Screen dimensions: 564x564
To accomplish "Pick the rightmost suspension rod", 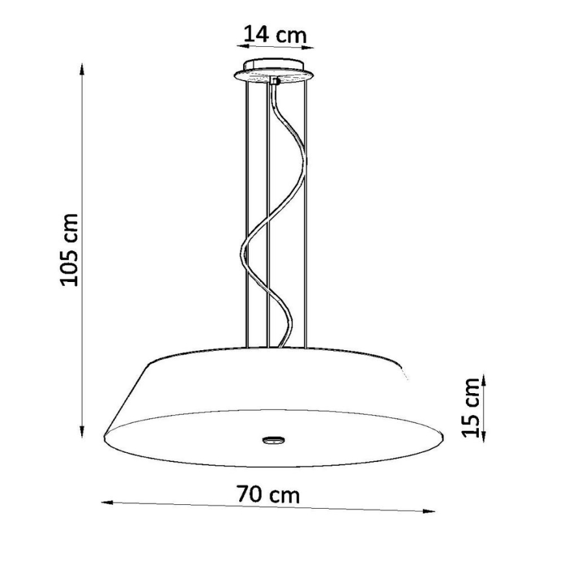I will coord(305,214).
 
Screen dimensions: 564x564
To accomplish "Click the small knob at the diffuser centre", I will coord(273,439).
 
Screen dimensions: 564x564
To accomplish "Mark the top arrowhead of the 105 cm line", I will coord(82,67).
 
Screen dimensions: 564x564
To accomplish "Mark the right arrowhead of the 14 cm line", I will coord(310,47).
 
